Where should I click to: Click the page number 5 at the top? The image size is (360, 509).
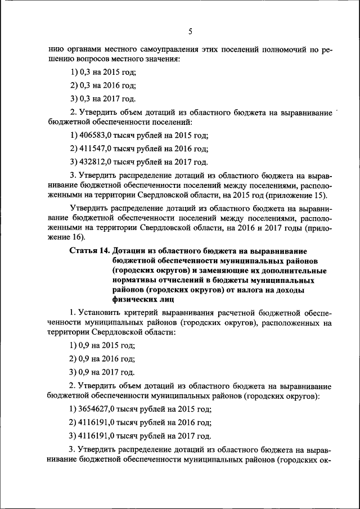coord(190,31)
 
